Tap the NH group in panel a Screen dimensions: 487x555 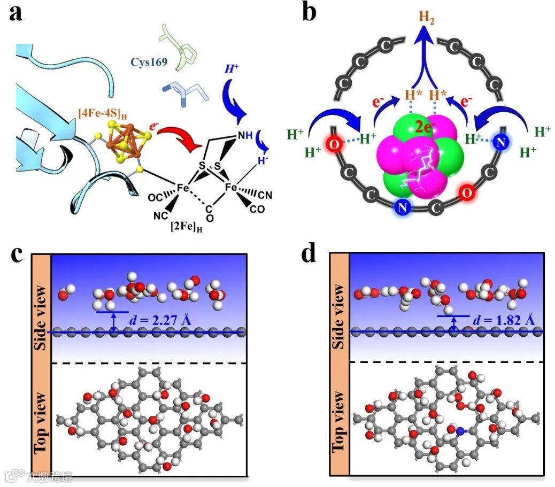coord(245,136)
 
